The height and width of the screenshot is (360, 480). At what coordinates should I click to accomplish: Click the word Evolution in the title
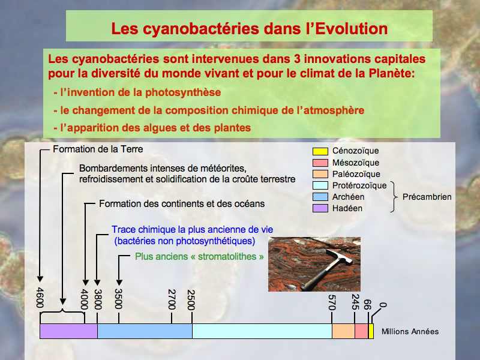point(351,28)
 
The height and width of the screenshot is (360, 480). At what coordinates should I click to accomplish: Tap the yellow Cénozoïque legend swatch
point(320,151)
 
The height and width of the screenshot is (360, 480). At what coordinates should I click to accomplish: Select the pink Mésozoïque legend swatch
point(320,163)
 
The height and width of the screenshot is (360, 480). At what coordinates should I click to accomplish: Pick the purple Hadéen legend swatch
point(320,208)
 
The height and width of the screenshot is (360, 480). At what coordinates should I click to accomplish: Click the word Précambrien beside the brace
point(427,197)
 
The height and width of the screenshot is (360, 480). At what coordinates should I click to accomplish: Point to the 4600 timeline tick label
point(40,297)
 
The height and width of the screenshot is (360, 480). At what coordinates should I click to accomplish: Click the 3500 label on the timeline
point(118,299)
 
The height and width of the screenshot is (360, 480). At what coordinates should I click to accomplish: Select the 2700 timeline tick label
point(172,299)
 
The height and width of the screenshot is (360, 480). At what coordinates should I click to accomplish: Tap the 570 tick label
point(332,302)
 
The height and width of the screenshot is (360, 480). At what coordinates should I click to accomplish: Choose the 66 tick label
point(367,305)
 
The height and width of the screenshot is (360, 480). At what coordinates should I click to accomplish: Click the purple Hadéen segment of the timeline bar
point(68,331)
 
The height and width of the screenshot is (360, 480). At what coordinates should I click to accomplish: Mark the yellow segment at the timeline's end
point(371,331)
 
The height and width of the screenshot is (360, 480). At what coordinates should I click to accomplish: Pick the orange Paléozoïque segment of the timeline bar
point(343,331)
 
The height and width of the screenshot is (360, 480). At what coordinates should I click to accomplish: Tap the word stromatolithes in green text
point(227,257)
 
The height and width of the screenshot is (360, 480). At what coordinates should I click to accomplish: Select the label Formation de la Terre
point(98,149)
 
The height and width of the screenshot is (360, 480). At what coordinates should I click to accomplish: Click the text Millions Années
point(410,331)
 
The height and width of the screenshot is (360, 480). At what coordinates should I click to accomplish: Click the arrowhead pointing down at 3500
point(119,283)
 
